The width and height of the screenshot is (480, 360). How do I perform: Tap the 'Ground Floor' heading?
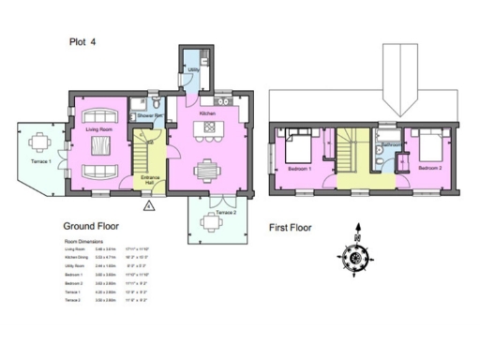pos(94,226)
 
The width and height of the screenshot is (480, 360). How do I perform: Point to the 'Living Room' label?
pos(99,128)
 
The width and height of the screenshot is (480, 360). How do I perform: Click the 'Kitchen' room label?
pos(208,112)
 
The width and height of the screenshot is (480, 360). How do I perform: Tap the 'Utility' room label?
pos(192,69)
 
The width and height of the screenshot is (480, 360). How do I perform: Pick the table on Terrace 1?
pos(38,143)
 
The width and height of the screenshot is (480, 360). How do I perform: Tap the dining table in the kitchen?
pos(208,171)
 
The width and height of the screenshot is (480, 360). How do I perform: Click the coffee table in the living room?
pos(99,155)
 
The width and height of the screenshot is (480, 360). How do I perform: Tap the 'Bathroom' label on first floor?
pos(392,144)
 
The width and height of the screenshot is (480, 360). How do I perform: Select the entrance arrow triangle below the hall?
pos(148,202)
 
